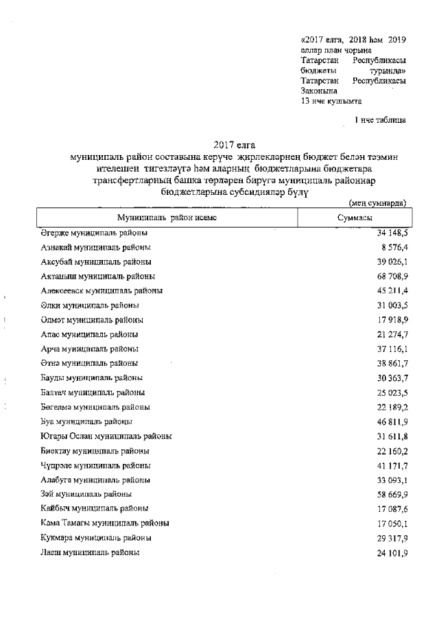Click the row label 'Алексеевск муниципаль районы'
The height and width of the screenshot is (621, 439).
coord(102,290)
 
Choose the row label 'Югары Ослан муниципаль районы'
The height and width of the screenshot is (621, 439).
coord(106,436)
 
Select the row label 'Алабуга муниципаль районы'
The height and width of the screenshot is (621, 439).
coord(96,480)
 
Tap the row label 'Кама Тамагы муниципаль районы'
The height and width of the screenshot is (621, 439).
coord(105,523)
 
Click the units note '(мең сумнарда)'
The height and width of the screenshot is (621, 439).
coord(377,203)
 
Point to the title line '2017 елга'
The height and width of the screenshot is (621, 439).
coord(234,145)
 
